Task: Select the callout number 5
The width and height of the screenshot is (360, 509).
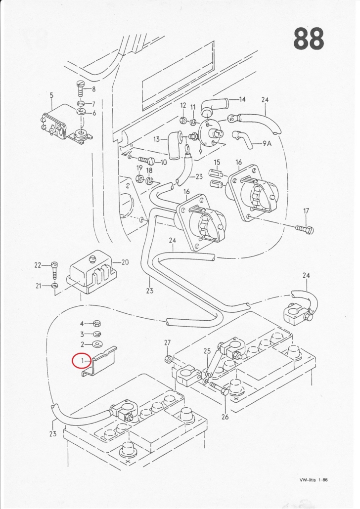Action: [51, 95]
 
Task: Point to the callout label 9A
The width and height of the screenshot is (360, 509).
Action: [267, 143]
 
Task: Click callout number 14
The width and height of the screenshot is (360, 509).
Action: [242, 99]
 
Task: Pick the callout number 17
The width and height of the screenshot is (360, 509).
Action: [306, 212]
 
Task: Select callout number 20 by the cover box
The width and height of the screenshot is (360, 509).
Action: [125, 262]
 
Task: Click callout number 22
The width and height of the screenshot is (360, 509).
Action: [38, 265]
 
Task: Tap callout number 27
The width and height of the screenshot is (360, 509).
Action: [167, 342]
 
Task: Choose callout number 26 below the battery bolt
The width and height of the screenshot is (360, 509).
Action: [225, 417]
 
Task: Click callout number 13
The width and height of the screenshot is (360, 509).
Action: [157, 139]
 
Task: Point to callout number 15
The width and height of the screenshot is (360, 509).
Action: [217, 163]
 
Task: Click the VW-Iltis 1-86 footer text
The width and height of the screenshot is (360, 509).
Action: [313, 480]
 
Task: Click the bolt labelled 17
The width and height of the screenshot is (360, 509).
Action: [304, 230]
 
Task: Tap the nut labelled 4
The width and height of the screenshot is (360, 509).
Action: [97, 324]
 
